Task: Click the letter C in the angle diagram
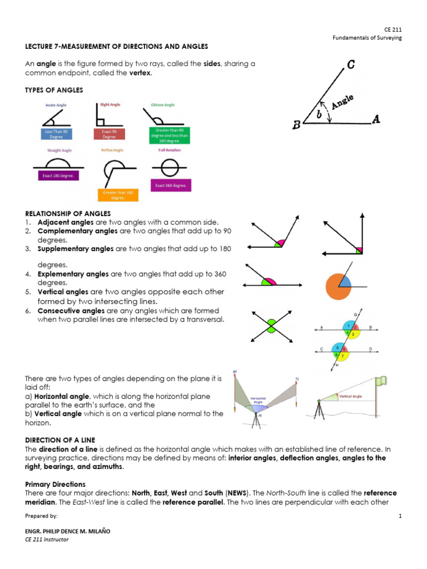coord(351,66)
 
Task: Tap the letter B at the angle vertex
coord(297,125)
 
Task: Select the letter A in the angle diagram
coord(376,119)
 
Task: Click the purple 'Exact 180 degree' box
coord(56,176)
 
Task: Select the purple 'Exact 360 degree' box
coord(171,184)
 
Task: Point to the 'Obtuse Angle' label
coord(162,104)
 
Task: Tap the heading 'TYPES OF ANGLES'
coord(54,90)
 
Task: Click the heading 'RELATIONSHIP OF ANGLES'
coord(68,213)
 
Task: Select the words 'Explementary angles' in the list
coord(73,274)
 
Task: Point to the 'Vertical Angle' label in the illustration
coord(351,396)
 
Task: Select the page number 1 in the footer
coord(400,516)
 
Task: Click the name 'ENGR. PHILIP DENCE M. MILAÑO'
coord(68,531)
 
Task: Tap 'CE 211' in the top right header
coord(393,28)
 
